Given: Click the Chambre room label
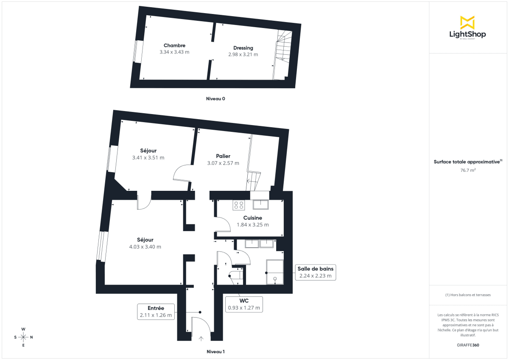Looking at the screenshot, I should (x=174, y=45).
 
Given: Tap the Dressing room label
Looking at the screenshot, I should (x=243, y=48).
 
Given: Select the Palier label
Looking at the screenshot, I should (x=223, y=156).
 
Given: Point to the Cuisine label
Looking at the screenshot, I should (x=252, y=218).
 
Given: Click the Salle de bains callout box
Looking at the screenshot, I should (x=315, y=272).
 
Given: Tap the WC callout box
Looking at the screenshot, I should (x=244, y=304).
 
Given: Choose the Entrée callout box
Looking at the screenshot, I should (x=156, y=311).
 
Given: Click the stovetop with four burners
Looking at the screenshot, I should (x=238, y=205).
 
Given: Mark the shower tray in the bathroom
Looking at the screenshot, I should (x=274, y=272).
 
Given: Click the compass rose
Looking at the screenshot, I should (x=23, y=337).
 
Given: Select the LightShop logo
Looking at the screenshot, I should (x=467, y=28).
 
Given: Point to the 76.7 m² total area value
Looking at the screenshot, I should (x=468, y=170).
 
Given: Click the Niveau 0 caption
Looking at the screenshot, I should (x=215, y=99).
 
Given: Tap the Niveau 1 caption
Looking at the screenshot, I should (x=215, y=352).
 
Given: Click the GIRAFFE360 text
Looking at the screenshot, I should (x=468, y=345).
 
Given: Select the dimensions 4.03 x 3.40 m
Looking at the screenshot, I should (x=145, y=247).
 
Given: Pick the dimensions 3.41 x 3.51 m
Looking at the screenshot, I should (x=148, y=157).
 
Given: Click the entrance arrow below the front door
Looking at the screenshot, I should (x=201, y=338).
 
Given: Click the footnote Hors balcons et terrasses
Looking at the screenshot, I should (x=468, y=295).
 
